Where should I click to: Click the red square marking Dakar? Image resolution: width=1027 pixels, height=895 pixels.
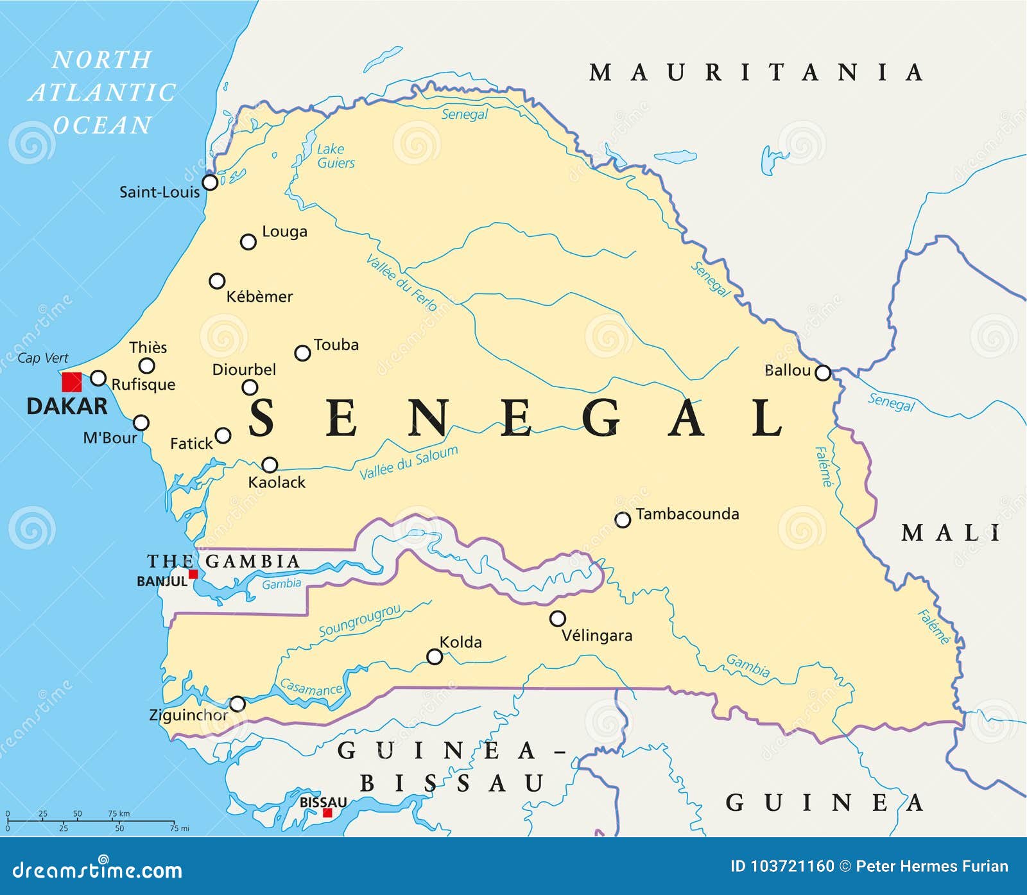71,382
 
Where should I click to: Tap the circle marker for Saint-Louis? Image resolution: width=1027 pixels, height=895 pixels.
210,182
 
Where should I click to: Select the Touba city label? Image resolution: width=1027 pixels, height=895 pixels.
336,345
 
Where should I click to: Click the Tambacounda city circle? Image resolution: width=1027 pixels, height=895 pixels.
623,520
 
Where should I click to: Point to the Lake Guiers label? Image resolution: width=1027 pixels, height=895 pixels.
335,156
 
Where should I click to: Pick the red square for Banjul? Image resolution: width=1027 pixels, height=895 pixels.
193,574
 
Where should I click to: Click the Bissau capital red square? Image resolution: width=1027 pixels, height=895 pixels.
327,813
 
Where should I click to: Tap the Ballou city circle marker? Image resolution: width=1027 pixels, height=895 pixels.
822,372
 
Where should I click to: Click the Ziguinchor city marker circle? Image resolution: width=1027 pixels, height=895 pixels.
237,704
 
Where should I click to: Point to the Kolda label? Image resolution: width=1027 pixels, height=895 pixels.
460,642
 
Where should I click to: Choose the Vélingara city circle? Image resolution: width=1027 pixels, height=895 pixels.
558,618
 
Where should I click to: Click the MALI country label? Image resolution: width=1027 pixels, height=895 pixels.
951,533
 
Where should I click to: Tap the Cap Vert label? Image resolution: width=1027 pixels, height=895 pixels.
42,358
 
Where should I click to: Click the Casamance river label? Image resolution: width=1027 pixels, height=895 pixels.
311,688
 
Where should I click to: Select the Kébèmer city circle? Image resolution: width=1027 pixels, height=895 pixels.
217,281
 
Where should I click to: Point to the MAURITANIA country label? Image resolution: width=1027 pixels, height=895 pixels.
756,73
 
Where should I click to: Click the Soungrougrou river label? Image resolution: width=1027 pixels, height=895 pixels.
359,621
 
